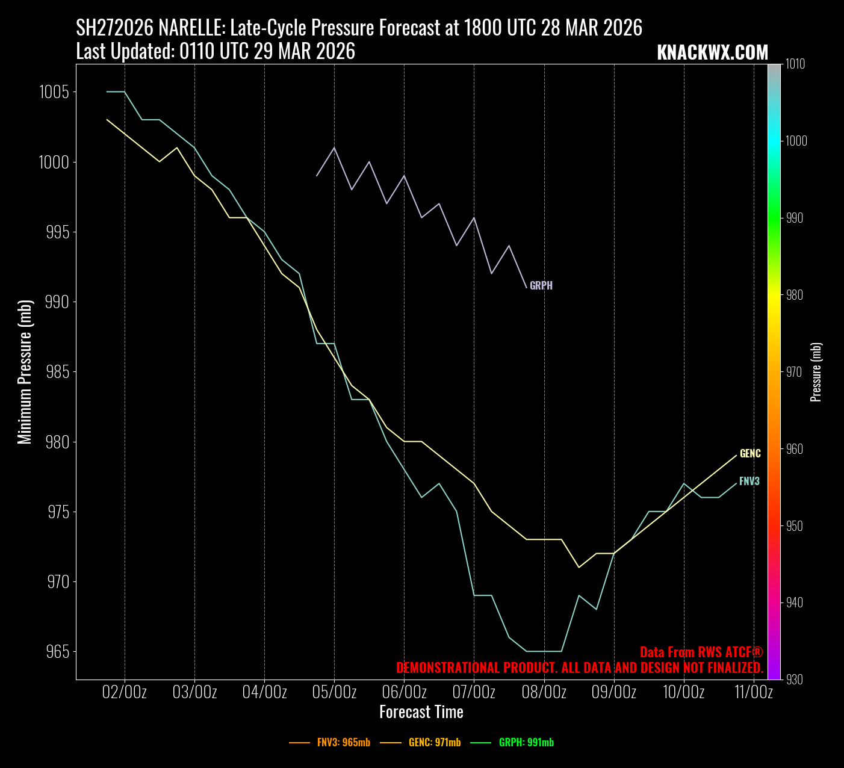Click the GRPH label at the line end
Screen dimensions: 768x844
click(541, 286)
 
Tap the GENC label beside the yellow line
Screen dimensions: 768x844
click(750, 454)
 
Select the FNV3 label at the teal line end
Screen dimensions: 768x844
click(749, 482)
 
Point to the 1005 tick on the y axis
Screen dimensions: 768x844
click(54, 92)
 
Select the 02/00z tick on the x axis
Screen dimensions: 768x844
click(125, 692)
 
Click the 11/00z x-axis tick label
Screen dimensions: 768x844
click(754, 692)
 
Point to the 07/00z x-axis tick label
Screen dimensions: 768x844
click(474, 692)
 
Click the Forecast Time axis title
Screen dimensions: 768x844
click(421, 713)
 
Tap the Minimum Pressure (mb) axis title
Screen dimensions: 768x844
click(25, 372)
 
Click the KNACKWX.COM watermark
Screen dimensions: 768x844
click(712, 53)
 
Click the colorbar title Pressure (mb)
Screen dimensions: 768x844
click(816, 372)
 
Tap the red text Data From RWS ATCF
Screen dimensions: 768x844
click(701, 652)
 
